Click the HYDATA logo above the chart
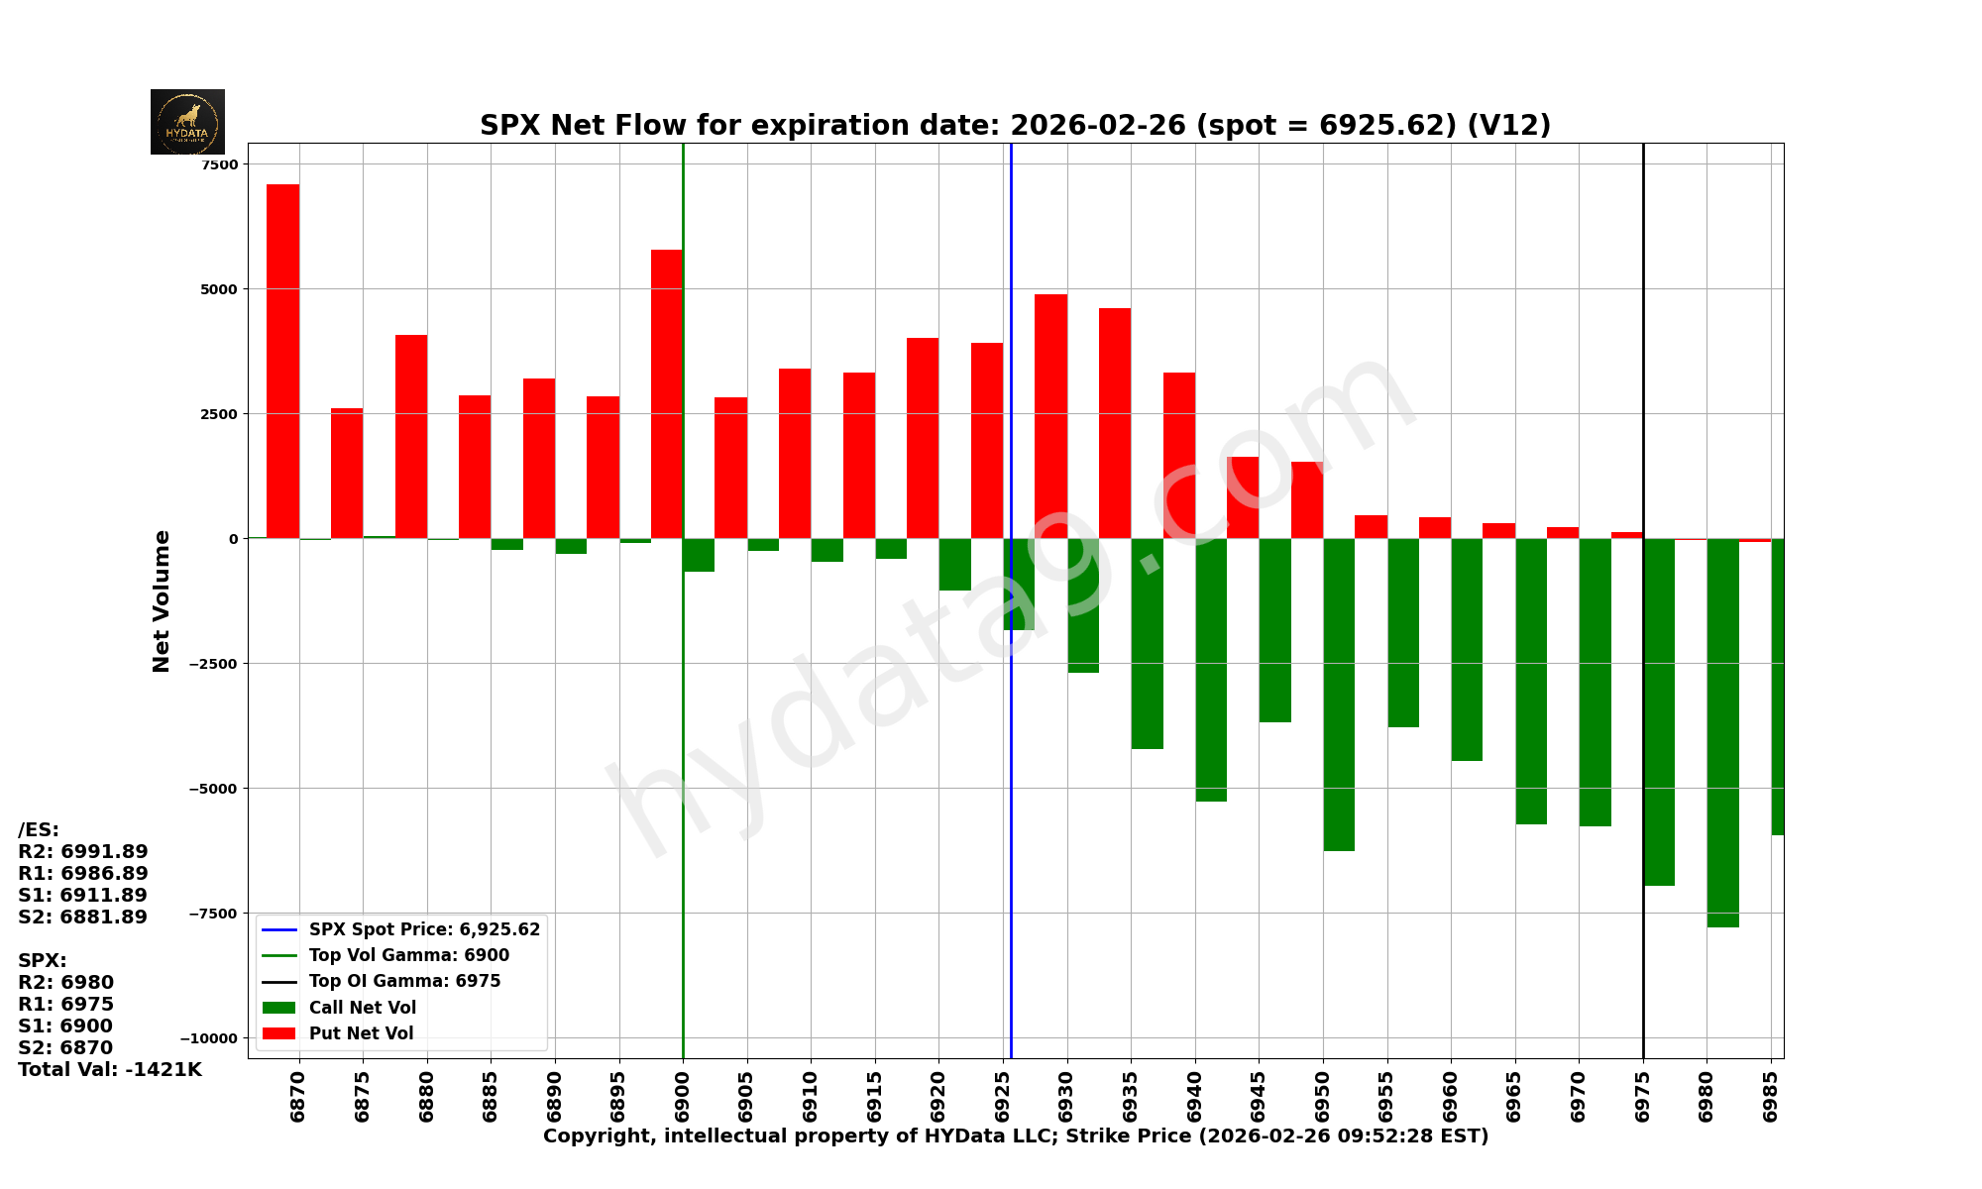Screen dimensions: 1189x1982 point(187,122)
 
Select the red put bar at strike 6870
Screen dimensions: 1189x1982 point(282,361)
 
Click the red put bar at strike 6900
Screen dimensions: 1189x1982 point(666,393)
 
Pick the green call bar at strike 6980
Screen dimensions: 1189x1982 point(1722,732)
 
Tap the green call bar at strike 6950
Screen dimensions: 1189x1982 point(1339,694)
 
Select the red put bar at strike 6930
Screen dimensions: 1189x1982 point(1050,416)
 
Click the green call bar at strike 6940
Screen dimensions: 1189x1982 point(1211,670)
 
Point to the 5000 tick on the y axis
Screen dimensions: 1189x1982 point(219,289)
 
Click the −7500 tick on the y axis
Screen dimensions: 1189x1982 point(213,914)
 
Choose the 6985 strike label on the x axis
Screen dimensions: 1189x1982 point(1771,1096)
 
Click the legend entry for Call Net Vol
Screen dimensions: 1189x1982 point(362,1008)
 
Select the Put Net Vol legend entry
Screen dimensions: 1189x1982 point(361,1033)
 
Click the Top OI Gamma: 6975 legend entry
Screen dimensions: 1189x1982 point(404,982)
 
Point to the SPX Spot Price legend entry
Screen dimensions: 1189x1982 point(424,929)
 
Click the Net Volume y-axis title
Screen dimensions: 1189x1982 point(162,601)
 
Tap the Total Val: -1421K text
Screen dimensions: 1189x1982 point(109,1070)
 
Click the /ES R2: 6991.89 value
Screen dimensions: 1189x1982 point(83,852)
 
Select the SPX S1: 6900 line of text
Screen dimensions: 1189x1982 point(65,1027)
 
